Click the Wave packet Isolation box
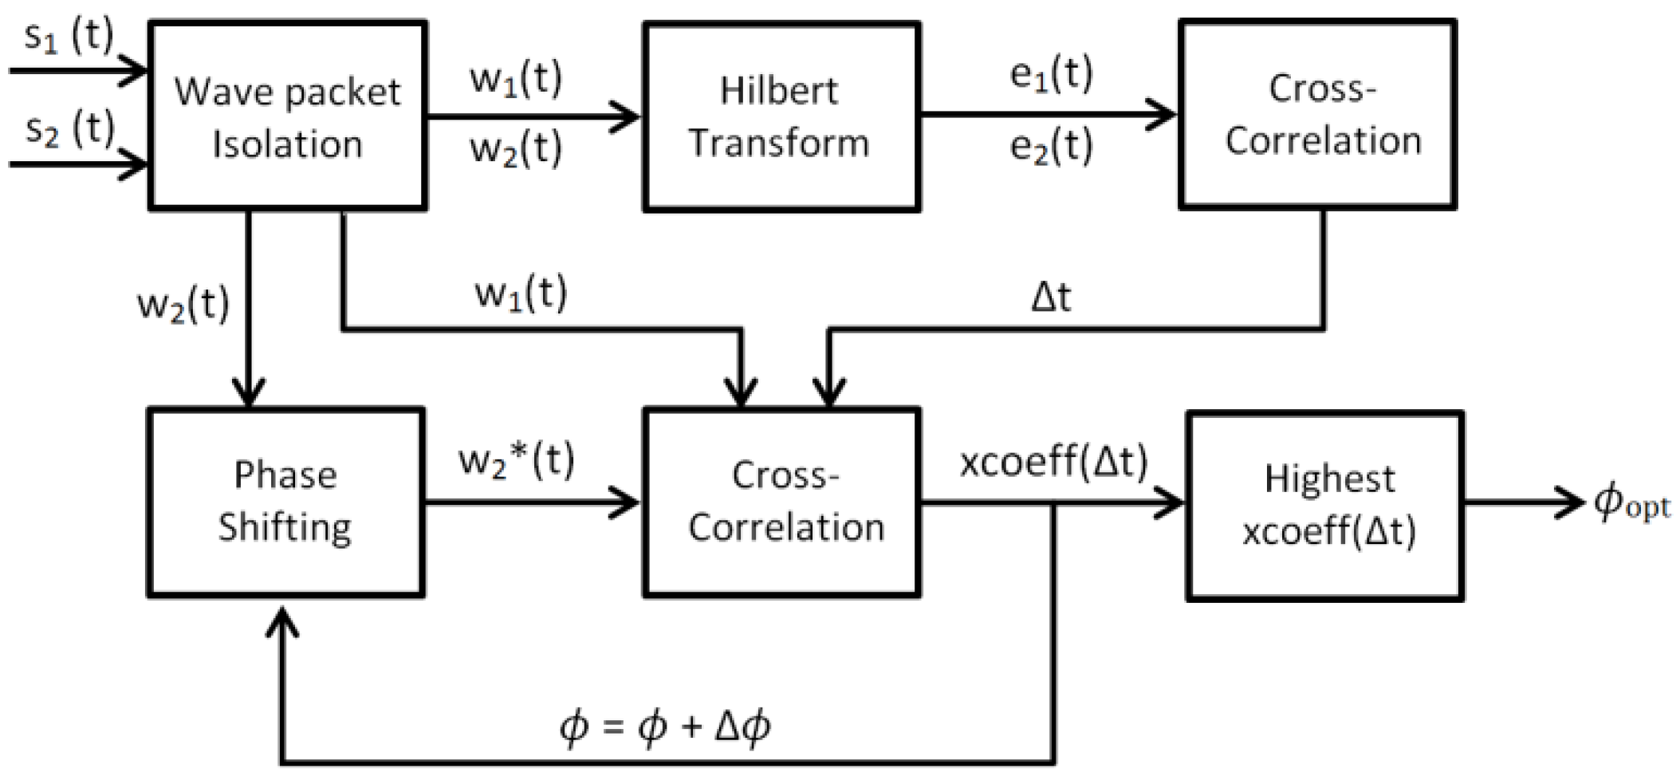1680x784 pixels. pos(287,116)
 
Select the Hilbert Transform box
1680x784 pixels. pos(781,116)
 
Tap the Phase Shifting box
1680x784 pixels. pos(285,502)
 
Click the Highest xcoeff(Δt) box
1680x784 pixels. pos(1324,506)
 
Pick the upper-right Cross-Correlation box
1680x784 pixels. pos(1318,115)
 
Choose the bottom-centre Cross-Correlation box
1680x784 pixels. pos(781,502)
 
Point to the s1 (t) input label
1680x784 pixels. pos(69,36)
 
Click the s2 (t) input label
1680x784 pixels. pos(69,129)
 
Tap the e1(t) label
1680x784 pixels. pos(1051,74)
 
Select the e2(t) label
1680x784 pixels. pos(1051,147)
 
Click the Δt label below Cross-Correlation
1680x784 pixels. pos(1051,297)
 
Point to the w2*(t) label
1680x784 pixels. pos(516,460)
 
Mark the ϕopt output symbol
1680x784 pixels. pos(1631,502)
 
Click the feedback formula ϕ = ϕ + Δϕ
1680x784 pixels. pos(665,727)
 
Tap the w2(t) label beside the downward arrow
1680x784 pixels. pos(183,304)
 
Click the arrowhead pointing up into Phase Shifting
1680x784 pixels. pos(282,621)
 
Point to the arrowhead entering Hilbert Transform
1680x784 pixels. pos(626,116)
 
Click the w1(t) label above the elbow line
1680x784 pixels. pos(521,293)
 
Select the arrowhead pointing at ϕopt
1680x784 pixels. pos(1571,502)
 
